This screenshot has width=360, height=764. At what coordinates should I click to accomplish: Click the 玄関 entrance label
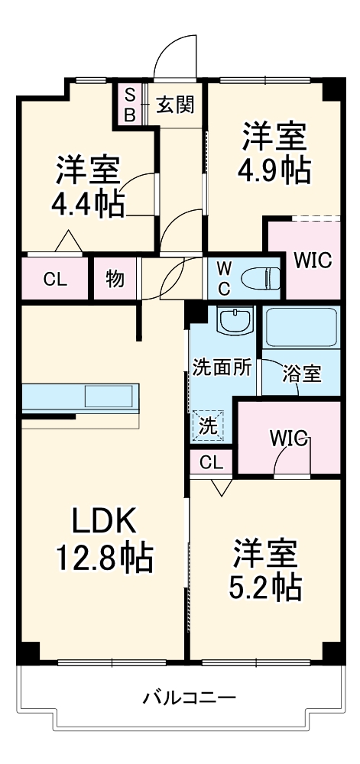176,105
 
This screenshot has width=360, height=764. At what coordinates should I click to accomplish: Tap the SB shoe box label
130,105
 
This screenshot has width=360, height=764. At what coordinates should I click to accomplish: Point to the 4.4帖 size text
89,203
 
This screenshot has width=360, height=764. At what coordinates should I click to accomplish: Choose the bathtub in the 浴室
302,327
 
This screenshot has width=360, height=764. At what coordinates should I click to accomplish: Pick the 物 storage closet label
114,279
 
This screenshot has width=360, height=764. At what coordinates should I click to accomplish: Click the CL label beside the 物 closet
54,280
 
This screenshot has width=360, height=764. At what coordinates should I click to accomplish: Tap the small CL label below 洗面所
212,462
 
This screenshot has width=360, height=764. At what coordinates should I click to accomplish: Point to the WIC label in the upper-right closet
313,261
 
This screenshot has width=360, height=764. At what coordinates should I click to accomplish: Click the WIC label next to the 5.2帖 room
288,439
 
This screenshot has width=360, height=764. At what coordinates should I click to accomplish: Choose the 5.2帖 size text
265,585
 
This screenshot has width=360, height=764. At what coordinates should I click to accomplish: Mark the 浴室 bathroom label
301,374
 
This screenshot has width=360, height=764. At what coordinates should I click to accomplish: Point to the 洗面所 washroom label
222,367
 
